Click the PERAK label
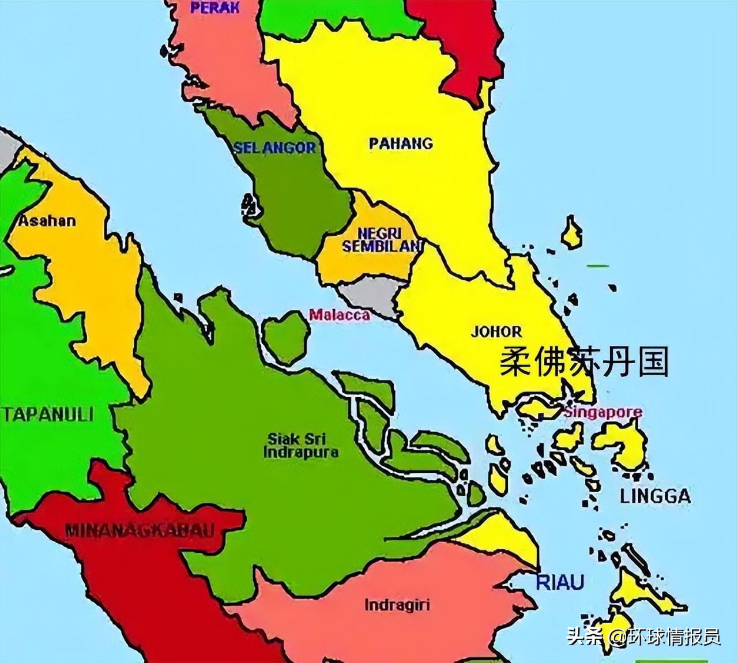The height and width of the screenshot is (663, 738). tap(214, 8)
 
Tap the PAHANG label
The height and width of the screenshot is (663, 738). tap(401, 143)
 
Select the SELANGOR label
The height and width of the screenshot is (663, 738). tap(274, 148)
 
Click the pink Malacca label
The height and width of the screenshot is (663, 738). tap(339, 315)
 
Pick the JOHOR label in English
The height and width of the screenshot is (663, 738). tap(496, 331)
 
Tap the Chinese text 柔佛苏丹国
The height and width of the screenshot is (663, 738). tap(583, 362)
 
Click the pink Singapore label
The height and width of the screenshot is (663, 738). tap(603, 412)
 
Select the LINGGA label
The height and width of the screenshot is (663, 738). tap(655, 496)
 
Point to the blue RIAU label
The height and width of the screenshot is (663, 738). tap(560, 582)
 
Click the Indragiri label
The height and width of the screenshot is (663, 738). tap(397, 605)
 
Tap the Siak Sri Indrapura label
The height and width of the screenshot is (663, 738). tap(300, 445)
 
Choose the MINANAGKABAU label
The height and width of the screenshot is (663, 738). tap(140, 530)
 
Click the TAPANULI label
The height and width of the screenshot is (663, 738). tap(48, 415)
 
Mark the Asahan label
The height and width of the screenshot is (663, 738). tap(47, 221)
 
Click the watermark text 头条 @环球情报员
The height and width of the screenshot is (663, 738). tap(643, 636)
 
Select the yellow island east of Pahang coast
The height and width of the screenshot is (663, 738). tap(571, 233)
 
